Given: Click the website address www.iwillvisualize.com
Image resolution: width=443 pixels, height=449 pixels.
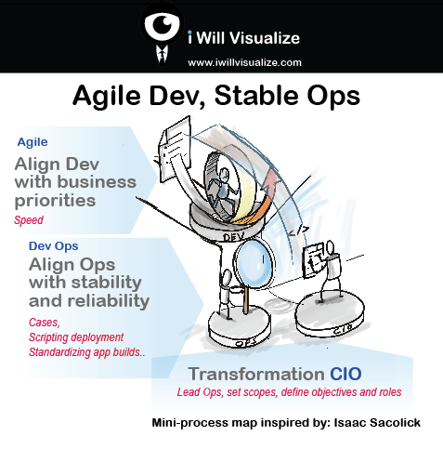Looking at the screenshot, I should pos(244,62).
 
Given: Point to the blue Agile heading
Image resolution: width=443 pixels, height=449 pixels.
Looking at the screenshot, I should pos(33,142).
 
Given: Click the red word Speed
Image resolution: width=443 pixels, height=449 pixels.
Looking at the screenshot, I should pos(29,220).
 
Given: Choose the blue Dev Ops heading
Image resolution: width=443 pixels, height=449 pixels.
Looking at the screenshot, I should pos(51,245).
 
